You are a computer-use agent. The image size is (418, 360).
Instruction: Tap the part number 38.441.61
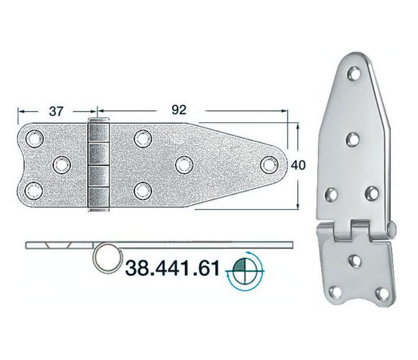(175, 268)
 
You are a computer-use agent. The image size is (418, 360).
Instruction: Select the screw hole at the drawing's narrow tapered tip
(267, 164)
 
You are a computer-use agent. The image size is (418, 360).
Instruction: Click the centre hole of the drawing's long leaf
(183, 164)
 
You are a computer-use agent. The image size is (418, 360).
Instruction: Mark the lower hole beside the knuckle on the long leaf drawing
(143, 189)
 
